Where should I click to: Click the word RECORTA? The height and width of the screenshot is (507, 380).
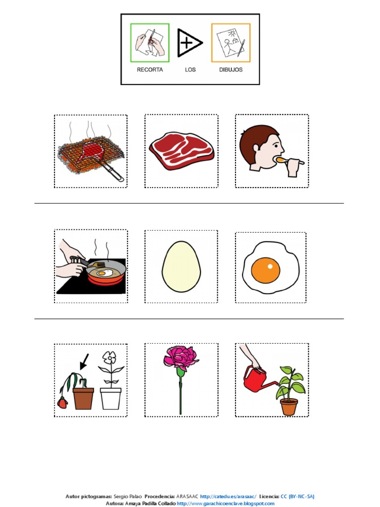point(149,69)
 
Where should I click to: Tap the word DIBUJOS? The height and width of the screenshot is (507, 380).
point(231,69)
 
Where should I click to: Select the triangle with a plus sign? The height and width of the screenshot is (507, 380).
point(190,43)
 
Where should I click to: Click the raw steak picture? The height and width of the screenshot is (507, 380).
point(182,151)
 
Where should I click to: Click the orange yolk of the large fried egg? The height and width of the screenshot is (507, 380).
point(266,270)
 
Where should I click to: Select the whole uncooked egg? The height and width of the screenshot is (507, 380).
point(181,267)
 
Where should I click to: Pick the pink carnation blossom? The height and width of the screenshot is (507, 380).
point(181,357)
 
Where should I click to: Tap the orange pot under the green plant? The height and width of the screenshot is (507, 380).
point(289,407)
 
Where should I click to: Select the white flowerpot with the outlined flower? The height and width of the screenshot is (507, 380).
point(111,399)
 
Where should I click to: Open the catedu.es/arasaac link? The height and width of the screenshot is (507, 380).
point(228,496)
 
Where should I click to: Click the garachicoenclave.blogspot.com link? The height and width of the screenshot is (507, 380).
point(226,504)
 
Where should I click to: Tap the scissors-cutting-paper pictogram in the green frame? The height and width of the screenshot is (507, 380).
point(150,43)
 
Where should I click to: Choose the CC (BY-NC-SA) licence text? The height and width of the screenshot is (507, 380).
point(297,496)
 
